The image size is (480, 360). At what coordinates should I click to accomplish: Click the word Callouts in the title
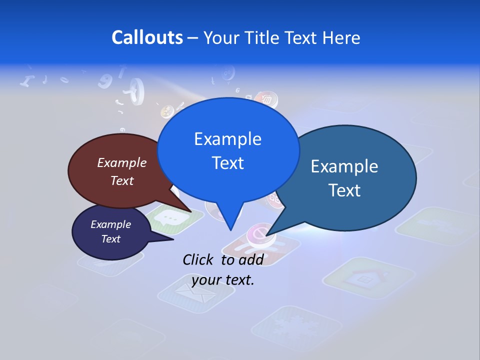pos(147,37)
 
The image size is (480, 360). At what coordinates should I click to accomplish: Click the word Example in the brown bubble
pos(122,162)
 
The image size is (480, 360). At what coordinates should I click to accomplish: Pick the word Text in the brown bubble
pos(122,180)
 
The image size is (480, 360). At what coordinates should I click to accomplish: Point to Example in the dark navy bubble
pos(111,224)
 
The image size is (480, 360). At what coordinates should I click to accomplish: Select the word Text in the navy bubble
pos(111,239)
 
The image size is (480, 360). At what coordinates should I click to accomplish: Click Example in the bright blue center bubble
pos(228,139)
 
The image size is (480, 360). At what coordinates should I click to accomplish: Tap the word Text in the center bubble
pos(228,163)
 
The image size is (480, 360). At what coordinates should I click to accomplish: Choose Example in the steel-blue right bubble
pos(344,166)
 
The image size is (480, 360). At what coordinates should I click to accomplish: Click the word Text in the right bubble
pos(344,190)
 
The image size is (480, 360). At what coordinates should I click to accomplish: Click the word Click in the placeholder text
pos(198,259)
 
